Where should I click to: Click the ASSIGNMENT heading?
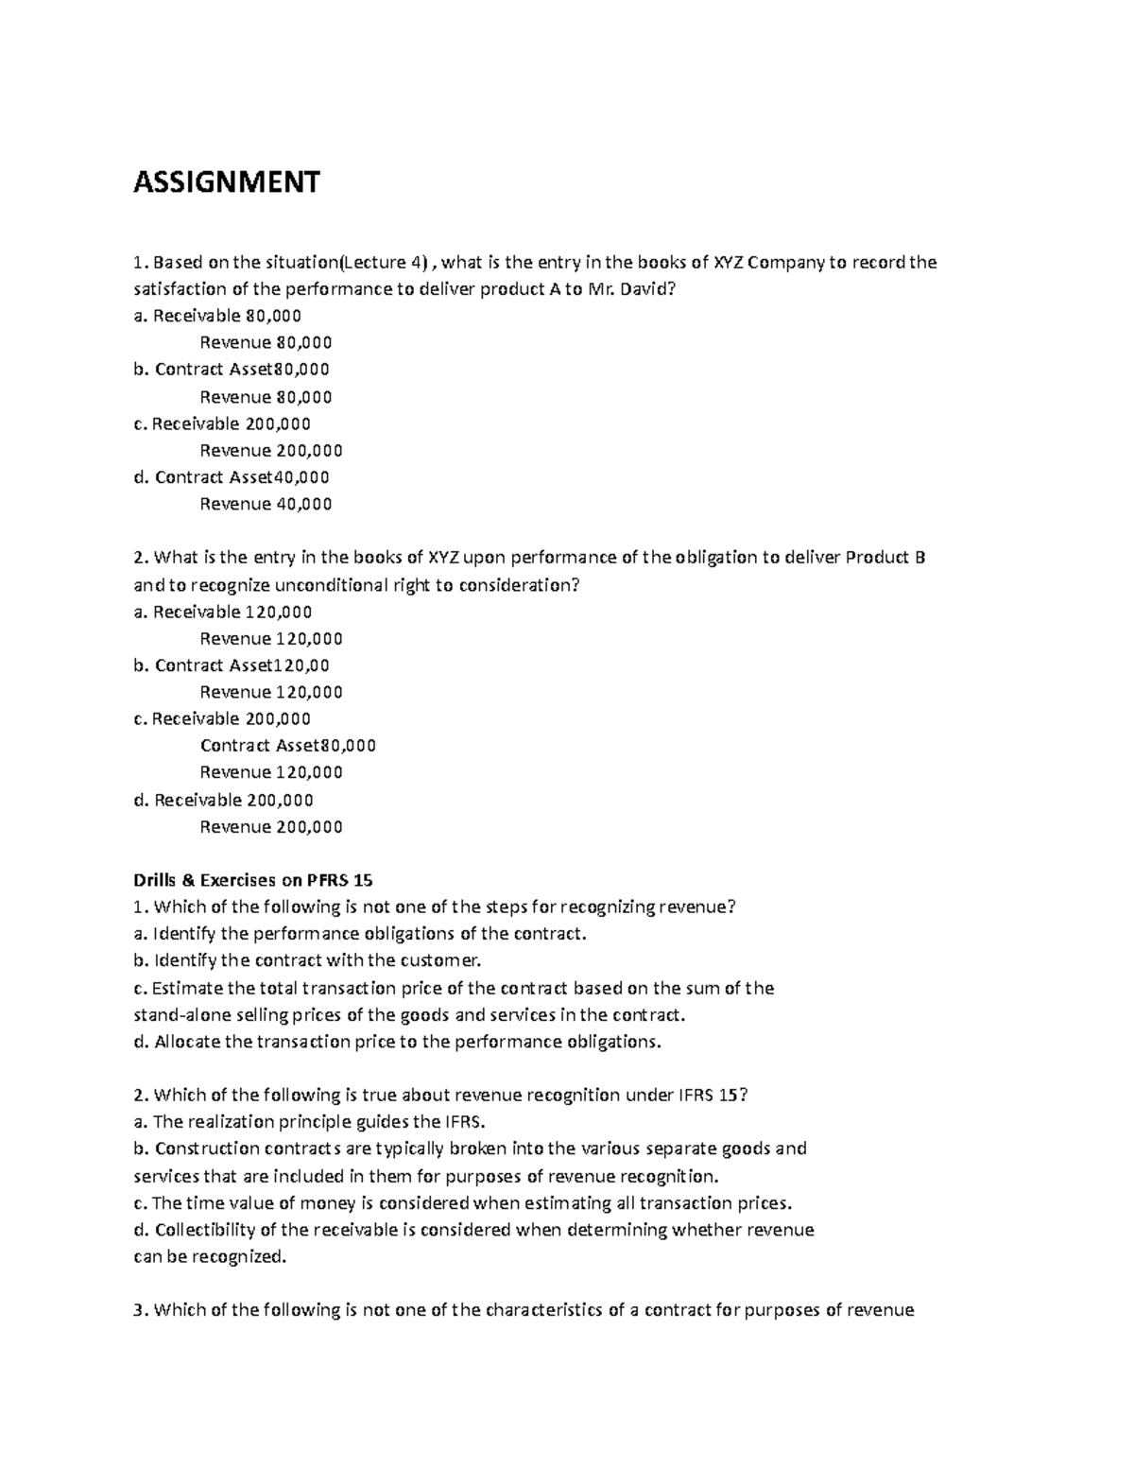[x=226, y=181]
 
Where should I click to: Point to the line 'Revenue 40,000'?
[x=266, y=504]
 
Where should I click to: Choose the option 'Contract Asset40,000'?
[x=241, y=477]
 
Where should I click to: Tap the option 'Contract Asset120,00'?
[x=241, y=665]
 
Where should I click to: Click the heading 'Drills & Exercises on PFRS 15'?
[x=253, y=880]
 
